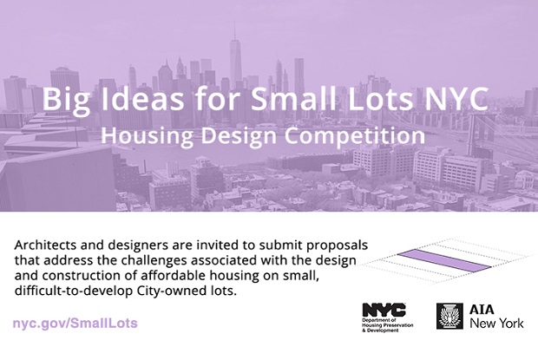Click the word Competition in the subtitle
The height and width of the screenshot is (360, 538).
(355, 135)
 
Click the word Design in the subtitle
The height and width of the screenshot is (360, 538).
(239, 136)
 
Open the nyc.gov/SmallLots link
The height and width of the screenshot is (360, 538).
(75, 323)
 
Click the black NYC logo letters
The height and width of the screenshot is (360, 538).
(384, 310)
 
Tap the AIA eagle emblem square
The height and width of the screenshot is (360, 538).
(449, 316)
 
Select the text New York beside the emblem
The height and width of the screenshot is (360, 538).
(497, 323)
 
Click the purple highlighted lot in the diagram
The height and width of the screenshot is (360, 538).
(444, 261)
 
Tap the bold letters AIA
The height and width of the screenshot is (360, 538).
(482, 310)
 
